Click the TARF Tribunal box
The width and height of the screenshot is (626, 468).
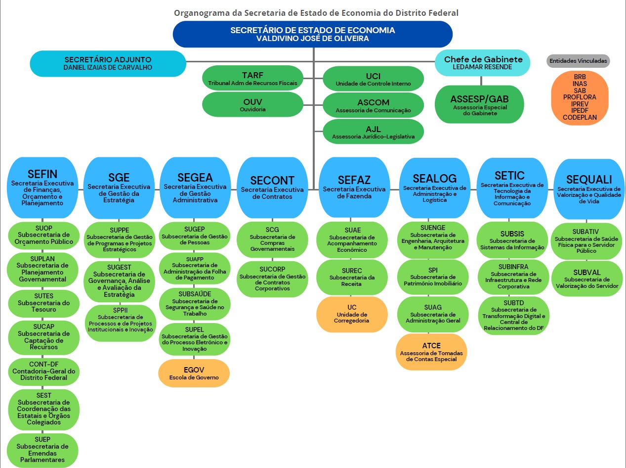point(252,78)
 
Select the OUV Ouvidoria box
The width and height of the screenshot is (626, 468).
point(252,104)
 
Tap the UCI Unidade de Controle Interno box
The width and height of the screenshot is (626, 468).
point(373,79)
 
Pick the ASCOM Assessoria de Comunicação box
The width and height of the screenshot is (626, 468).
point(373,105)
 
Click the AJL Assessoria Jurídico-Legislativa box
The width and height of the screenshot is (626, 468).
point(373,132)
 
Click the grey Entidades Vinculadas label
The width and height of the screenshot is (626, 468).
point(578,61)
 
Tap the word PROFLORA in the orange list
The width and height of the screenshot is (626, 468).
point(580,97)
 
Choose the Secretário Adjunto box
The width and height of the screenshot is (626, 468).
point(108,63)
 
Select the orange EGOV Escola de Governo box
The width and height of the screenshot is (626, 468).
point(194,373)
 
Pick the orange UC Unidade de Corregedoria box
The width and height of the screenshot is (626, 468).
point(352,314)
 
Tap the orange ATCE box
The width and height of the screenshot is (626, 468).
point(431,352)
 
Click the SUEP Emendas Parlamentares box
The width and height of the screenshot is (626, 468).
point(42,450)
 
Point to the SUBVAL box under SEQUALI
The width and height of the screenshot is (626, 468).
point(586,279)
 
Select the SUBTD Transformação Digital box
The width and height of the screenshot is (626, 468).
point(513,316)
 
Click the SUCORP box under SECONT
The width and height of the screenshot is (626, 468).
point(272,279)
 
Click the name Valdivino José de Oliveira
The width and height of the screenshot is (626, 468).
point(312,38)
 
